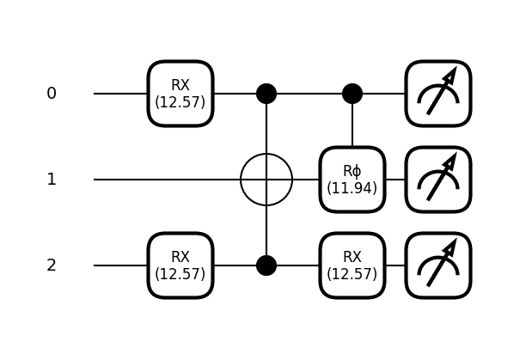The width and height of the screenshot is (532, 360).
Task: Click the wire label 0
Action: pos(52,94)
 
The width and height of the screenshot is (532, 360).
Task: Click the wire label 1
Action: pos(52,180)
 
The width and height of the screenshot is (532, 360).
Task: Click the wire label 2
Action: pos(52,265)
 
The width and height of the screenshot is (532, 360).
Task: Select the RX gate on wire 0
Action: pos(180,94)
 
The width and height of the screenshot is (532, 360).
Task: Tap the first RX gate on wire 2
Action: pos(180,265)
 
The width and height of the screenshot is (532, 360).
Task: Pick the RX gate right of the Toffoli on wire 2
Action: pos(352,265)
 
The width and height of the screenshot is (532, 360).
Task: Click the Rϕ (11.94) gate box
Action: pos(352,180)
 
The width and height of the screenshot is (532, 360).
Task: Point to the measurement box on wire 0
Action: pos(438,94)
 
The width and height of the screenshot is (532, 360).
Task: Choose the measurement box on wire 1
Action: pos(438,180)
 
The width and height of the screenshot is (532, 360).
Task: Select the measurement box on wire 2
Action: pos(438,265)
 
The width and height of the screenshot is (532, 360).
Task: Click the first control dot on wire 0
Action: pos(266,94)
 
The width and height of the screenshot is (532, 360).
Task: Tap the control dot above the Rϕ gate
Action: pos(352,94)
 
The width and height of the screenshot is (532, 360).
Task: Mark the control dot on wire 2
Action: pos(266,265)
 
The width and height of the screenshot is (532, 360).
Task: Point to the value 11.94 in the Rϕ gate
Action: pos(352,188)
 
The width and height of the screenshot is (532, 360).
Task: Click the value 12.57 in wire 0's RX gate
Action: pos(180,102)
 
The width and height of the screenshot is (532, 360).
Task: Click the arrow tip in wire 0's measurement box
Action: pos(456,67)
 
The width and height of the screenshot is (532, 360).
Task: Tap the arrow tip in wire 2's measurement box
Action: pos(456,239)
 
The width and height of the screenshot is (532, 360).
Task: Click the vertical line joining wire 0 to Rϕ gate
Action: pos(352,125)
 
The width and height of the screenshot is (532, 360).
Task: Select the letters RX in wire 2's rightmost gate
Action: pos(352,257)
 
